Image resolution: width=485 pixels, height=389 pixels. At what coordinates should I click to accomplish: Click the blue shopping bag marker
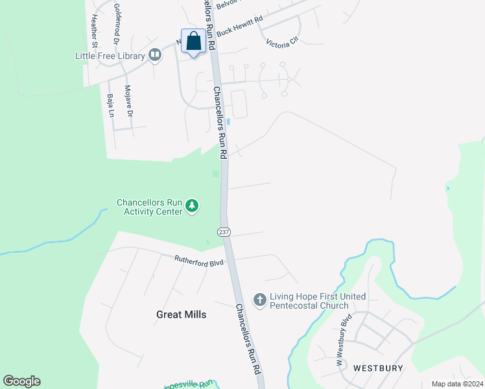coord(193,42)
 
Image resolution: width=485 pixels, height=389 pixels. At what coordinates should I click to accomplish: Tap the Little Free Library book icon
coord(154,55)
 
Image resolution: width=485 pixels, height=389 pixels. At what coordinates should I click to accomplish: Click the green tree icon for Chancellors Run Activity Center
coord(192,206)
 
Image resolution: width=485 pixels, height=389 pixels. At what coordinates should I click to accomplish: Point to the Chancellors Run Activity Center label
coord(150,207)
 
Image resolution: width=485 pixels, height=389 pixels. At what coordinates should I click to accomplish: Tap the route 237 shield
coord(224,232)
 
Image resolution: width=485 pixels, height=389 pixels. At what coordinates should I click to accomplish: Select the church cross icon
coord(259,300)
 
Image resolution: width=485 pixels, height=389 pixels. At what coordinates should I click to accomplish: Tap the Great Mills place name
coord(182,314)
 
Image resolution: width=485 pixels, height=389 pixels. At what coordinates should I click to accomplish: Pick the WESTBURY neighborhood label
coord(378,368)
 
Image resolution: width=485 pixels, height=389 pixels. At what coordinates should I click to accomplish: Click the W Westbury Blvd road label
coord(343,340)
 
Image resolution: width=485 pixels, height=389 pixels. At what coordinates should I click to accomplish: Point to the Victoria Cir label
coord(281,42)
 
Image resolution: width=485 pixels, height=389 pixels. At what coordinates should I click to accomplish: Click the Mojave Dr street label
coord(128,101)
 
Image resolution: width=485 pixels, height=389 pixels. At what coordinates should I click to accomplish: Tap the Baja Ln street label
coord(110,105)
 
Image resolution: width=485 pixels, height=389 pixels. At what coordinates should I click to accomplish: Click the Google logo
coord(21,381)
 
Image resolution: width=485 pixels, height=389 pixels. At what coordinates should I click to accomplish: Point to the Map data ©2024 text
coord(457,384)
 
